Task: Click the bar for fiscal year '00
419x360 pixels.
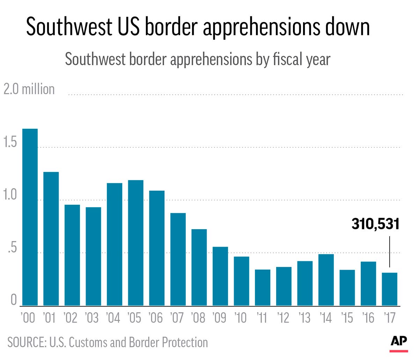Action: tap(30, 217)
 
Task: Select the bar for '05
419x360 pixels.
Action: tap(135, 243)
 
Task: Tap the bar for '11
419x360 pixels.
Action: tap(263, 287)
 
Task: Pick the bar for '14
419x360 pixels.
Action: tap(326, 280)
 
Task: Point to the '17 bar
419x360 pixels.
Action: tap(389, 289)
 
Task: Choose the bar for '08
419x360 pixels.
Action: tap(199, 267)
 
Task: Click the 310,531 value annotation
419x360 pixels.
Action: tap(375, 224)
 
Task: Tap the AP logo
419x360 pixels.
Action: tap(399, 342)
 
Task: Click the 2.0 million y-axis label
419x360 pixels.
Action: tap(29, 89)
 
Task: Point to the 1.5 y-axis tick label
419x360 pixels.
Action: tap(10, 142)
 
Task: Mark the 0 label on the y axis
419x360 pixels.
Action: tap(14, 300)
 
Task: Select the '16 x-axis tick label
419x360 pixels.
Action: tap(368, 318)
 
